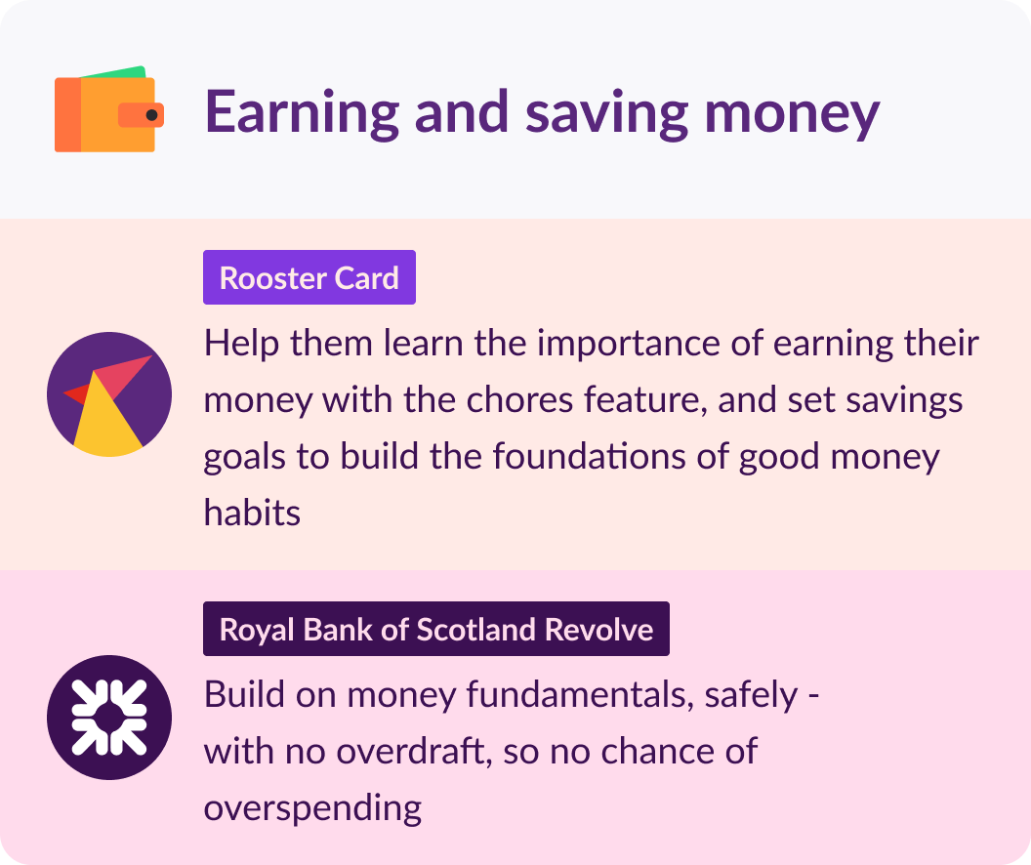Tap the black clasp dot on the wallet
point(152,115)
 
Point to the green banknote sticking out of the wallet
point(114,71)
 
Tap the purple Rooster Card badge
point(309,277)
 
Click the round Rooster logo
point(109,394)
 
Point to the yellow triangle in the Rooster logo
point(106,418)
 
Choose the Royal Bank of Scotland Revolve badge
point(436,629)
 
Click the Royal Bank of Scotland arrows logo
point(109,718)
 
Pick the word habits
point(252,512)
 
